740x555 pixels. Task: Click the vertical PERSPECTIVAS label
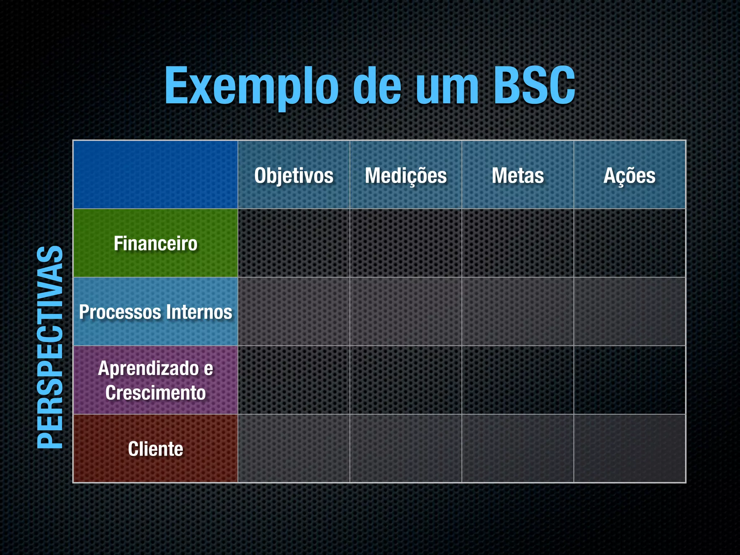pos(50,347)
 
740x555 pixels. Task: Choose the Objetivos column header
pos(294,176)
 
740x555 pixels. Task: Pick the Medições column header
pos(406,176)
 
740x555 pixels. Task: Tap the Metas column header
pos(518,176)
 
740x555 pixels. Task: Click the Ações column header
pos(629,176)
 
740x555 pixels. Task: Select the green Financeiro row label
pos(155,243)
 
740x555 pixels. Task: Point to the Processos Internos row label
pos(155,312)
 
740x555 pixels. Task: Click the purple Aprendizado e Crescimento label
pos(155,380)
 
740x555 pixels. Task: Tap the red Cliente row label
pos(155,449)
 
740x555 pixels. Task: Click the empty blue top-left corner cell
pos(155,175)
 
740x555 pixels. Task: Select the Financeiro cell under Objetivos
pos(294,243)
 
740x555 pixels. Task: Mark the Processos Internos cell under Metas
pos(518,312)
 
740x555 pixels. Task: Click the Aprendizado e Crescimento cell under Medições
pos(406,380)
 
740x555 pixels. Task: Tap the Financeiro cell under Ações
pos(629,243)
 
